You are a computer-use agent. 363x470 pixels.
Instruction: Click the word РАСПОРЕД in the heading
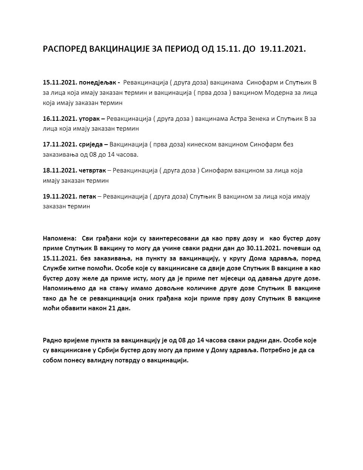(x=65, y=49)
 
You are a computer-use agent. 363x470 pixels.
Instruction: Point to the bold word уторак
(x=89, y=119)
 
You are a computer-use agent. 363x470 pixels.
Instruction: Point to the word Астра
(x=238, y=119)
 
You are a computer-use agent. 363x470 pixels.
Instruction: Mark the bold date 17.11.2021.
(x=60, y=145)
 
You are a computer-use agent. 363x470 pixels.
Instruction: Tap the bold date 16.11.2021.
(x=60, y=119)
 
